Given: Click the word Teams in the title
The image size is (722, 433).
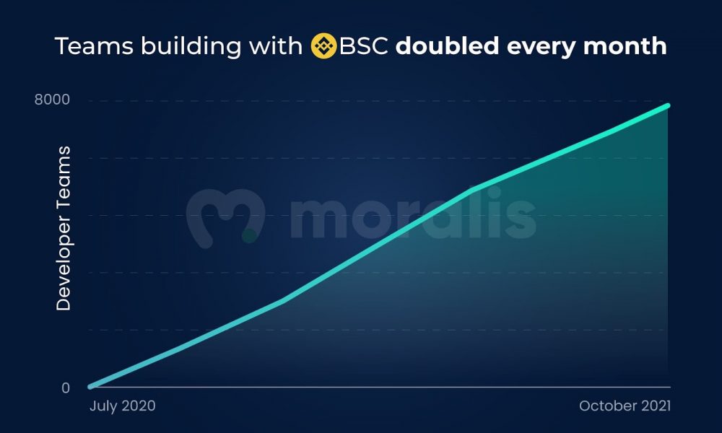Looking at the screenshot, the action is [x=94, y=46].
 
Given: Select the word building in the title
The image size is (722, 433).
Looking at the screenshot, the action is [x=191, y=47].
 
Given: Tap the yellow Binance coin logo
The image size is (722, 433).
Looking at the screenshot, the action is [x=323, y=46].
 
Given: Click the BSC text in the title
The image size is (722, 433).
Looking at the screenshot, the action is [x=363, y=46].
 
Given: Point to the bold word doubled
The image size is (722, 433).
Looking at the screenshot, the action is [x=447, y=45].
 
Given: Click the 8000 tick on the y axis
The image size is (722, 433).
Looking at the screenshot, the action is [x=52, y=100].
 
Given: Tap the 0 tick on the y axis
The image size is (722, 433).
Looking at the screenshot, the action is [x=66, y=388].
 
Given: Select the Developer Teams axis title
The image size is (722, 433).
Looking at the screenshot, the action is [x=63, y=228].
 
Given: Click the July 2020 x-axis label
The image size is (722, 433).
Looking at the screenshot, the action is [x=123, y=406].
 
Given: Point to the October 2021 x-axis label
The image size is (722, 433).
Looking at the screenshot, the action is [x=625, y=406].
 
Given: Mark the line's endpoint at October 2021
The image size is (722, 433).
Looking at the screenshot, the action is [x=667, y=106].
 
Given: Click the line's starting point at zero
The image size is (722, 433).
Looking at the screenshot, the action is [x=90, y=387].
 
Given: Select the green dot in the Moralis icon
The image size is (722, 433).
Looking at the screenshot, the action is [x=249, y=235].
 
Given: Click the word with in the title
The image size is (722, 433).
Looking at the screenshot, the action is [x=275, y=46].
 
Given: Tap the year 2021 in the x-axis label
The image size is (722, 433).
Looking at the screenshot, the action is [x=656, y=406].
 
